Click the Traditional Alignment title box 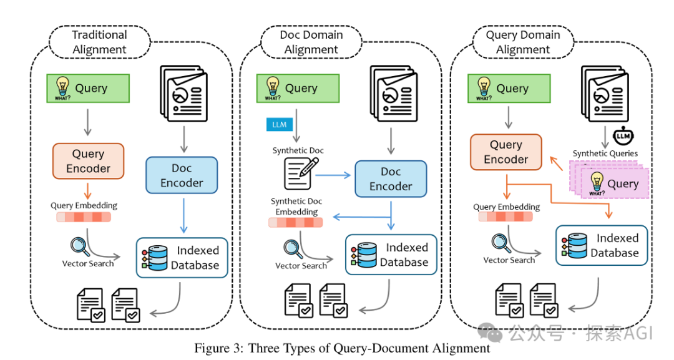coord(100,42)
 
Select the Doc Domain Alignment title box coord(311,42)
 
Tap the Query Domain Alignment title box coord(523,42)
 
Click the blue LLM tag coord(279,125)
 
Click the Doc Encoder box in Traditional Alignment coord(182,175)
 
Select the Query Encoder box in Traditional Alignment coord(88,161)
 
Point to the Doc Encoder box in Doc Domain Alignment coord(391,178)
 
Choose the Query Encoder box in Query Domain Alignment coord(506,152)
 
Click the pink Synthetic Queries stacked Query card coord(615,183)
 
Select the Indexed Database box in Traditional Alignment coord(182,258)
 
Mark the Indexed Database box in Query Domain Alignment coord(602,245)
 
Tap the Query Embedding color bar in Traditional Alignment coord(84,217)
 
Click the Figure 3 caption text coord(342,348)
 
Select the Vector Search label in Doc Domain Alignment coord(301,266)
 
